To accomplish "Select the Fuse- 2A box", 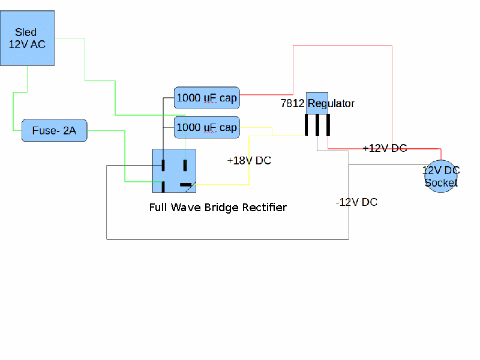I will [x=55, y=130].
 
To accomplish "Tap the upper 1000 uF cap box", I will [x=207, y=98].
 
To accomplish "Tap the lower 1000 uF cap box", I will [x=207, y=127].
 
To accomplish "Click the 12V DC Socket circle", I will [x=441, y=176].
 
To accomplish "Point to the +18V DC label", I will [x=249, y=161].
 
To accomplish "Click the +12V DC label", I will [x=385, y=148].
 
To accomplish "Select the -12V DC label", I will [x=356, y=202].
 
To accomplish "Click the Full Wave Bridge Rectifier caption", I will [x=218, y=208].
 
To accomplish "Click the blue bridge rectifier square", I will [x=175, y=171].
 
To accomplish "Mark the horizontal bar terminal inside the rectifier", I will [x=187, y=184].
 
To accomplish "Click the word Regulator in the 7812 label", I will [x=331, y=103].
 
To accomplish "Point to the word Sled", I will [x=26, y=32].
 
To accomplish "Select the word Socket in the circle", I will [x=441, y=182].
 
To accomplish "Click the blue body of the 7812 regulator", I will [x=317, y=98].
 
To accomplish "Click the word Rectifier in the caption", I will [x=264, y=208].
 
